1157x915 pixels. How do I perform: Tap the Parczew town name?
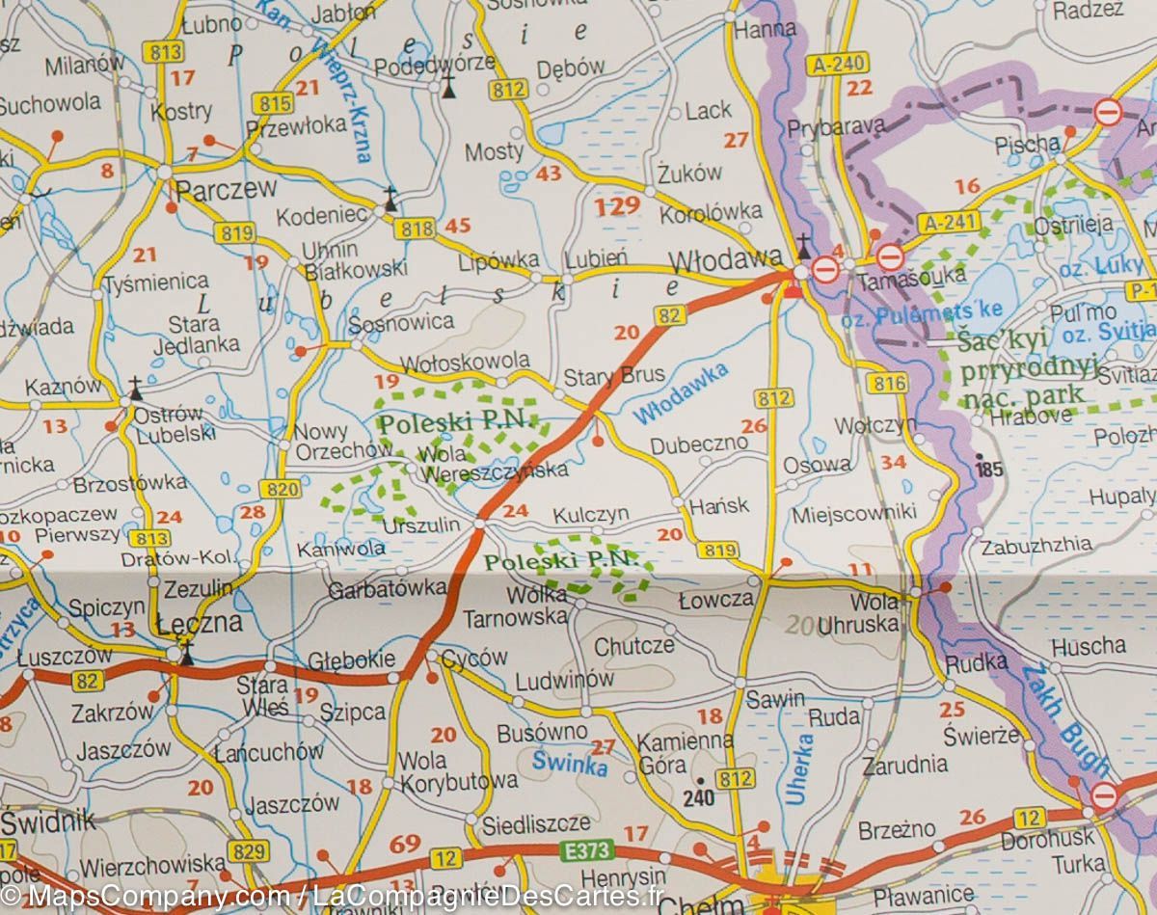(x=227, y=188)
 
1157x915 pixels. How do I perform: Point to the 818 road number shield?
(x=413, y=228)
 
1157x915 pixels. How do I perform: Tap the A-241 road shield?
(x=942, y=223)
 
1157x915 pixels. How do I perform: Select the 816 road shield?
(x=886, y=383)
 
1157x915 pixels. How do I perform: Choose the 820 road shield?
(x=281, y=489)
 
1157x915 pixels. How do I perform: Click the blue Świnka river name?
(x=570, y=764)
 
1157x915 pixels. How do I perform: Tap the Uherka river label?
(x=799, y=769)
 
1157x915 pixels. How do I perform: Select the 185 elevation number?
(x=990, y=470)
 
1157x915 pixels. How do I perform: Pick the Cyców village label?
(x=473, y=658)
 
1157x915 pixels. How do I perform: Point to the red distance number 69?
(x=405, y=847)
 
